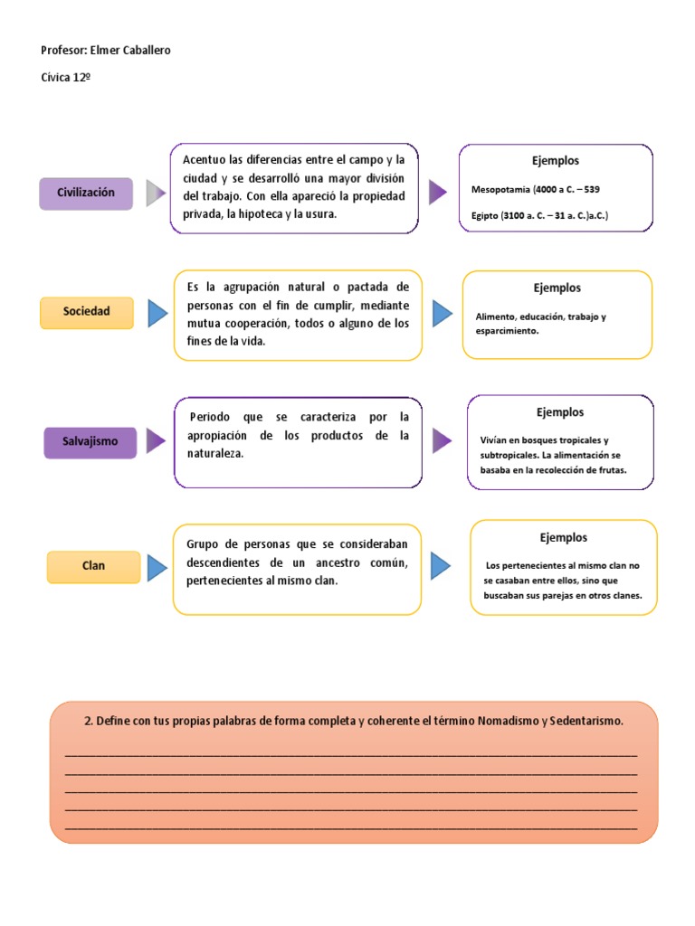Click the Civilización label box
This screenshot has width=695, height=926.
(86, 194)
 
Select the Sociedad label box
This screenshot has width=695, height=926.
(87, 312)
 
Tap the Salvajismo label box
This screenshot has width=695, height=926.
(90, 442)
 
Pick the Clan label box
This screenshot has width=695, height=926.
(93, 566)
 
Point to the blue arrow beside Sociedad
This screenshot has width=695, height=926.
(157, 313)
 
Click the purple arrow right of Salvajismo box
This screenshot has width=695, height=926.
(156, 441)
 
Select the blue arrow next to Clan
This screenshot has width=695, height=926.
(157, 567)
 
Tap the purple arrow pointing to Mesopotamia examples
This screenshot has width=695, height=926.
(438, 192)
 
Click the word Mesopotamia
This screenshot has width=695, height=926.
(501, 190)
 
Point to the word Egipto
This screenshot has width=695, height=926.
(485, 216)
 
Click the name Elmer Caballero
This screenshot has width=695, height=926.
(130, 51)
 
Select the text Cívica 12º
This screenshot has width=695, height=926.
(66, 77)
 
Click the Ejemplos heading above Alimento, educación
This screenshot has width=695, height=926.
(557, 288)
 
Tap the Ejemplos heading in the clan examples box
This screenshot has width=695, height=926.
(564, 538)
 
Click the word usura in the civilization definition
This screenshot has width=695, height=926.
(319, 214)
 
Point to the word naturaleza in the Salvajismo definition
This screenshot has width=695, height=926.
(214, 453)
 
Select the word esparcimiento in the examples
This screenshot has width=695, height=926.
(507, 331)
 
